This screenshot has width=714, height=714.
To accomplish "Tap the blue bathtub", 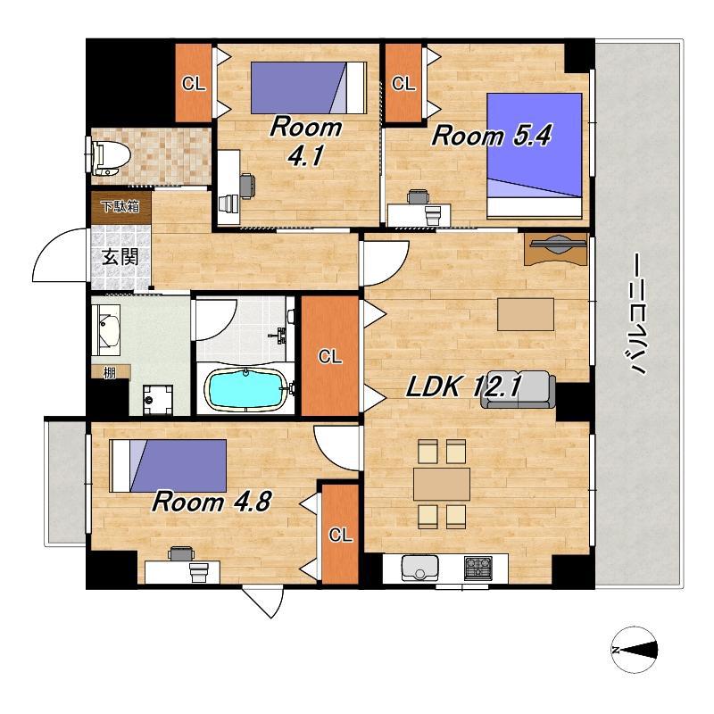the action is coord(246,389).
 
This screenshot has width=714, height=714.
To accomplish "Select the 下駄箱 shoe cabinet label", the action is coord(120,207).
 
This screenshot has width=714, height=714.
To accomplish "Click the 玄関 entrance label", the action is coord(120,257).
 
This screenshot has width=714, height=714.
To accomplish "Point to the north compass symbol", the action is coord(635,650).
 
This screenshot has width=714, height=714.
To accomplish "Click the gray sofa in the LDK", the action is coord(519,390).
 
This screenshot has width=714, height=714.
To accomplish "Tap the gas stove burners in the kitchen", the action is coord(477,568).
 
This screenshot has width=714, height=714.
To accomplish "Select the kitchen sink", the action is coord(419,568).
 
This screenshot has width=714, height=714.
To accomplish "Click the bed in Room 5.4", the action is coord(535,155).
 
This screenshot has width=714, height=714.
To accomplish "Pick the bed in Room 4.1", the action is coord(309,87).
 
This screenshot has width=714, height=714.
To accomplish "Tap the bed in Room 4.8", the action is coord(169,465).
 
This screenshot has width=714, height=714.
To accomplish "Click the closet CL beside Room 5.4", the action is coord(403,83).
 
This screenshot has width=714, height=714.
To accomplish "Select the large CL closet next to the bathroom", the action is coord(330,355).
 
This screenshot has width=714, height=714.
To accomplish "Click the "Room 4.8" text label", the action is coord(212,502).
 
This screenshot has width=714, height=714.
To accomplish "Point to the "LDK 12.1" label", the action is coord(463,386).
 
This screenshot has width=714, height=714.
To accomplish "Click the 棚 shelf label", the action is coord(109,373).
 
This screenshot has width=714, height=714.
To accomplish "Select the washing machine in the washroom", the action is coord(158,400).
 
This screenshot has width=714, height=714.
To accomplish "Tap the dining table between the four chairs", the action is coord(442,484).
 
